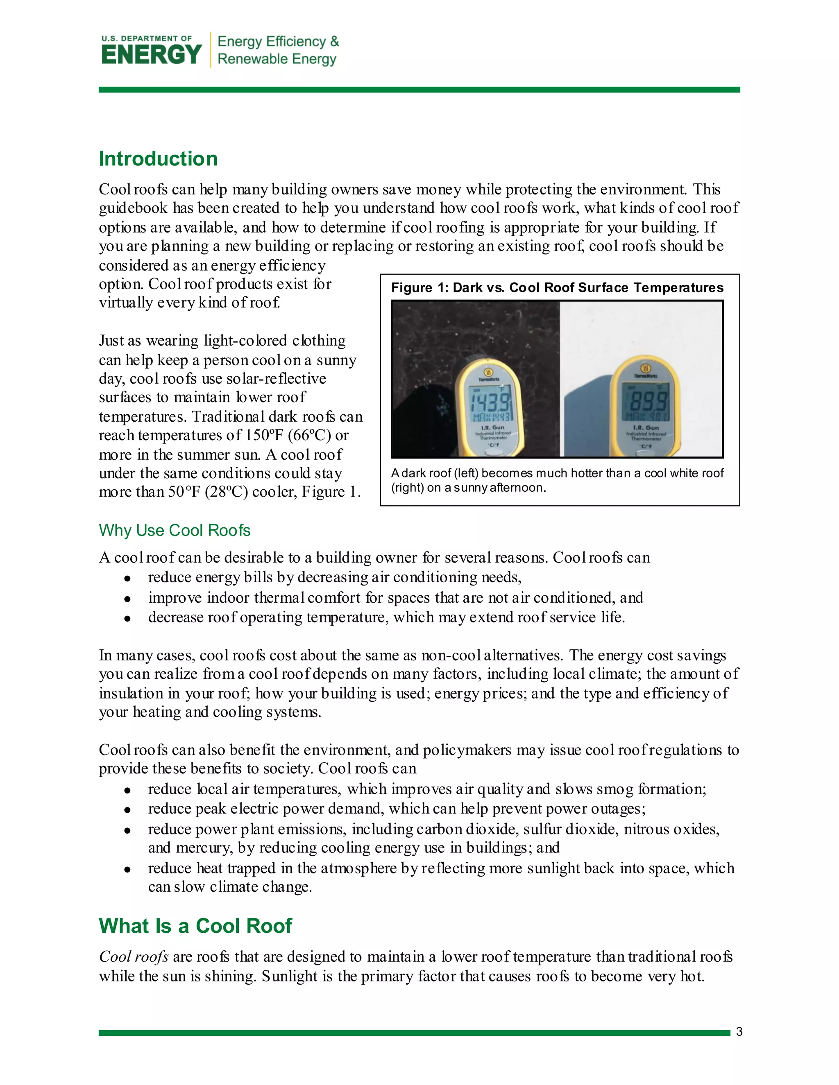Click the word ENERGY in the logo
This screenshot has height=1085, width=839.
[x=151, y=54]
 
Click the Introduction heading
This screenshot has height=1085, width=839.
[x=158, y=159]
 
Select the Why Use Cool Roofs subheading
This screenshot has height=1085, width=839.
[x=175, y=531]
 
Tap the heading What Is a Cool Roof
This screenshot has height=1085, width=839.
[x=195, y=926]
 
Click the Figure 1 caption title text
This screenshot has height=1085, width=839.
[x=557, y=288]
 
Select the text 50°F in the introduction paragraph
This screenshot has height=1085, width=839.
[x=184, y=492]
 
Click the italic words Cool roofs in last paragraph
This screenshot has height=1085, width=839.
[x=133, y=957]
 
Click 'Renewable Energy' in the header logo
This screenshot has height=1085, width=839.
[x=277, y=59]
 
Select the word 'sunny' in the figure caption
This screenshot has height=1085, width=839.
[x=471, y=488]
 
